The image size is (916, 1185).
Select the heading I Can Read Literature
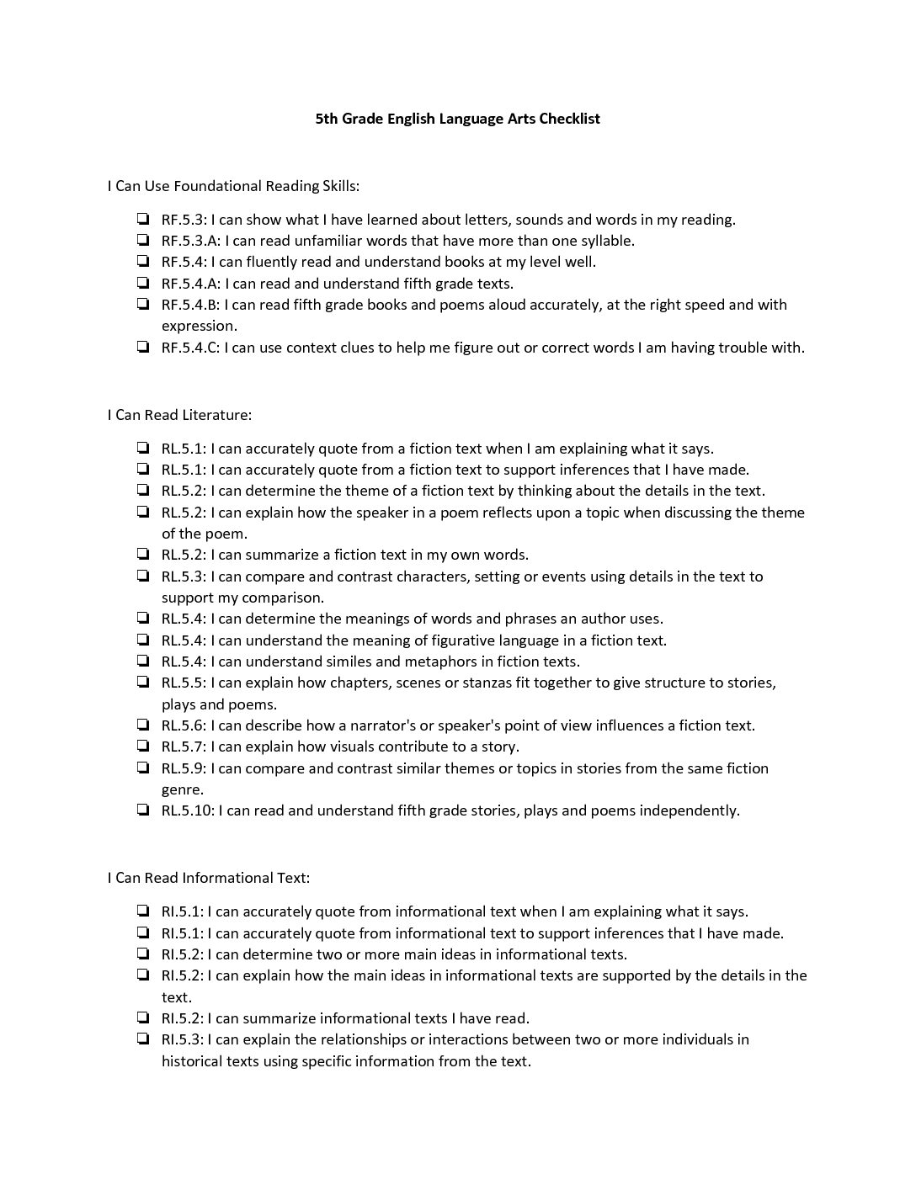point(179,414)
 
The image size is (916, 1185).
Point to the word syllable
point(605,241)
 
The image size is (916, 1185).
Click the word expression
point(199,326)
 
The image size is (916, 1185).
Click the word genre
point(182,789)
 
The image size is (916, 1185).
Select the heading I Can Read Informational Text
point(208,877)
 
